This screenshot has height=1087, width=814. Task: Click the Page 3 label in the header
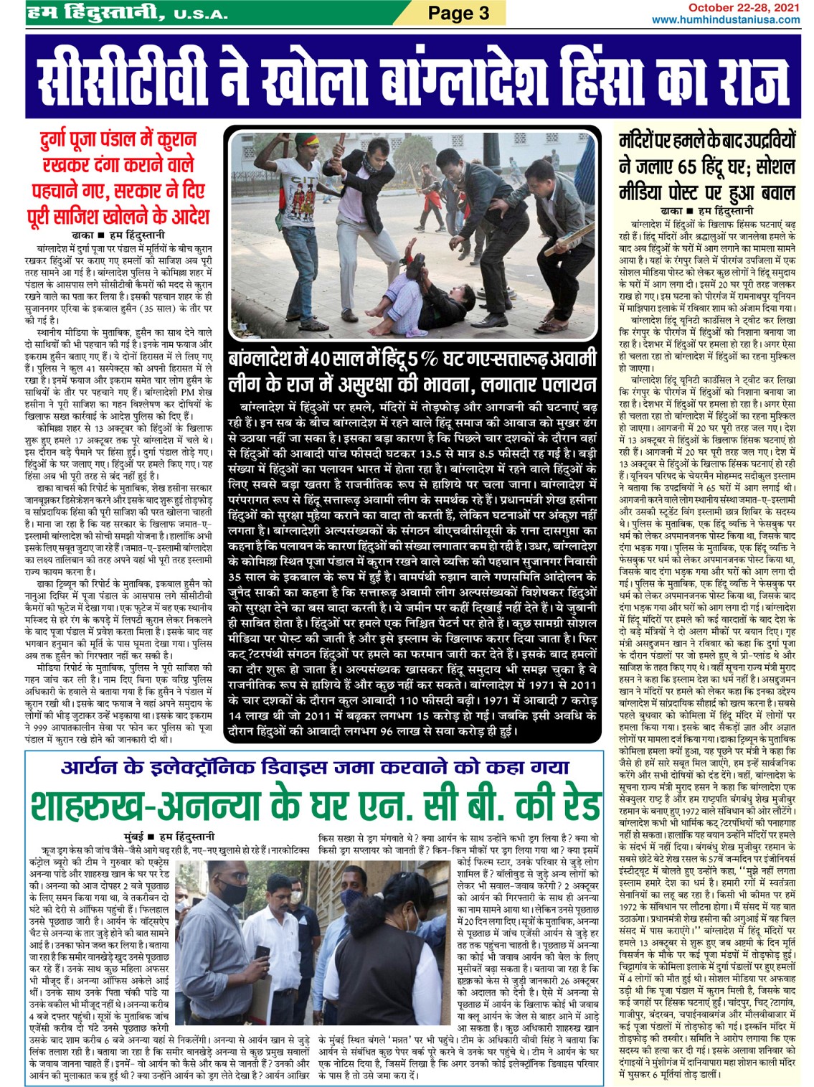458,13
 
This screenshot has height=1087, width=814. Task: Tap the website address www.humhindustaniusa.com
726,19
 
